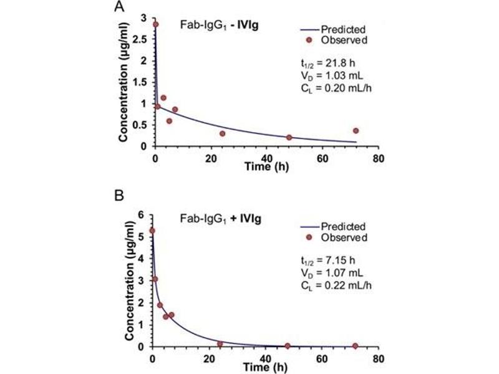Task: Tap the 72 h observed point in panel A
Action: [356, 131]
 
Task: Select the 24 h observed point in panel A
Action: [222, 133]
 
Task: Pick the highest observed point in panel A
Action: [155, 24]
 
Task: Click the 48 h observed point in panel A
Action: [289, 137]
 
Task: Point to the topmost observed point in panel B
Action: [152, 231]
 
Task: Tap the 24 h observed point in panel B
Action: [220, 343]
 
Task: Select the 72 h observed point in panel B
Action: [355, 346]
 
